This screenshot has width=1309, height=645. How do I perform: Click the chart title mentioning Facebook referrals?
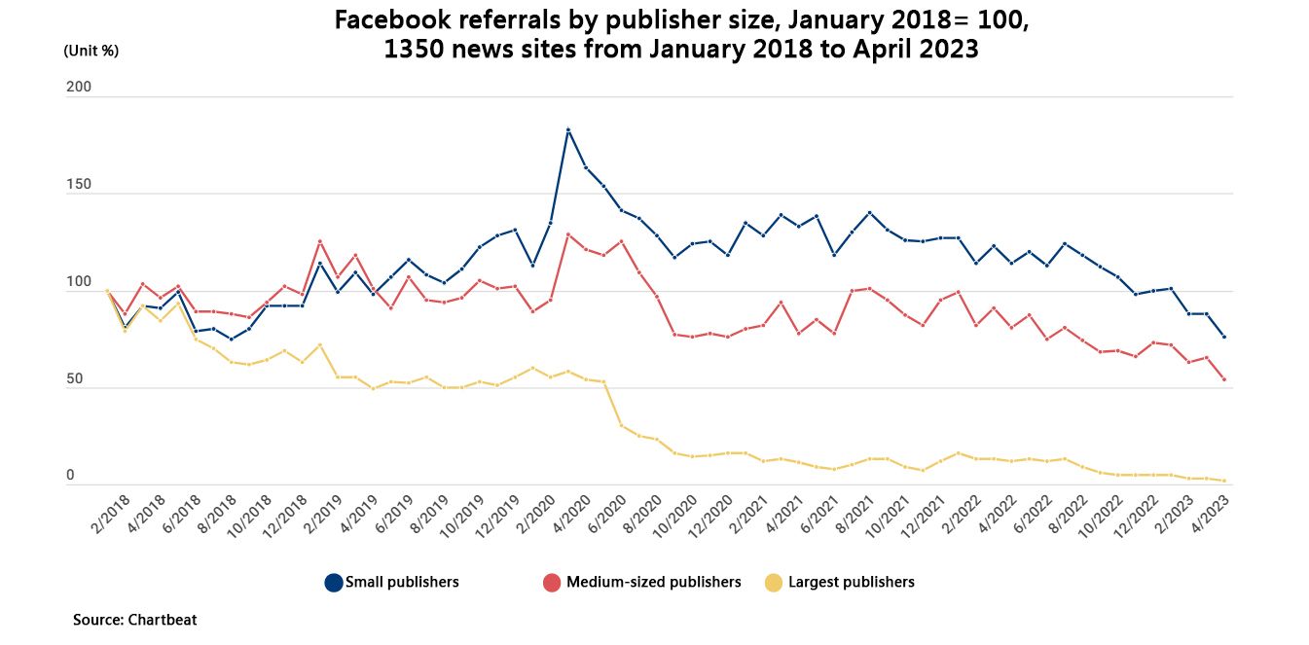pos(681,35)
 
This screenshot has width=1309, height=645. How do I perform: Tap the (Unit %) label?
pos(91,51)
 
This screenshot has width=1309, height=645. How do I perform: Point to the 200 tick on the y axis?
pos(78,88)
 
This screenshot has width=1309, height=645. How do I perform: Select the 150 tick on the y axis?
pos(78,185)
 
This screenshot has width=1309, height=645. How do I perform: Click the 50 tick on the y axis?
pos(74,379)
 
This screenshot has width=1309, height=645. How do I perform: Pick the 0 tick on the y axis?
pos(70,476)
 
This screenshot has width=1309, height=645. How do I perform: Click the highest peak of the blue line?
pos(568,129)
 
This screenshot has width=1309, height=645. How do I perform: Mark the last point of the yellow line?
pos(1223,481)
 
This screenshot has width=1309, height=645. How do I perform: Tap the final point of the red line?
pos(1223,379)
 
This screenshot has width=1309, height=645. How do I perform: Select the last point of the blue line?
pos(1223,337)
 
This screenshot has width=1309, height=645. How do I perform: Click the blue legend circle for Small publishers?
pos(334,583)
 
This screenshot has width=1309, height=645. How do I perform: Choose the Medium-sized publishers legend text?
pos(653,583)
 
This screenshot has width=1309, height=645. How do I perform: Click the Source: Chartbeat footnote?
pos(134,620)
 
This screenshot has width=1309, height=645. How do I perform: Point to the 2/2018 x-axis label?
pos(110,515)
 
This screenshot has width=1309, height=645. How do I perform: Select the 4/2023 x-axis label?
pos(1208,515)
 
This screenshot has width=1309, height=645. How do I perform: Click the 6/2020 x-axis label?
pos(605,515)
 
